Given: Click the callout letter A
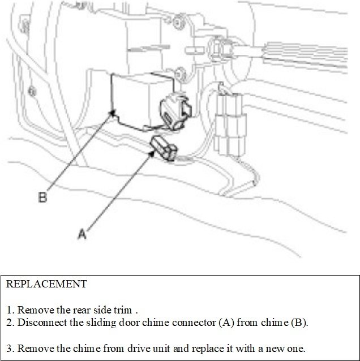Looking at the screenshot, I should pyautogui.click(x=82, y=234).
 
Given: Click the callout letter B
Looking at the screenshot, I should pyautogui.click(x=42, y=197).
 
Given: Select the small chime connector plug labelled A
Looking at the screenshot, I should pyautogui.click(x=164, y=148).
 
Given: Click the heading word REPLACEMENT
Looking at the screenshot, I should pyautogui.click(x=46, y=284).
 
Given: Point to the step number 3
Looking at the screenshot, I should pyautogui.click(x=10, y=347).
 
